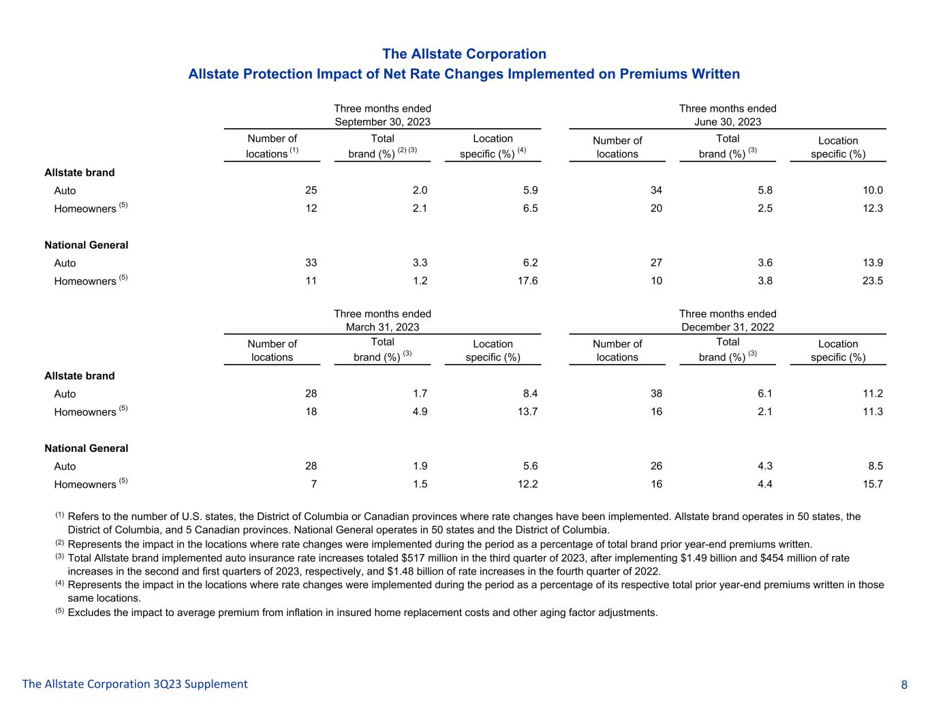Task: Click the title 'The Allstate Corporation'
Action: pos(464,54)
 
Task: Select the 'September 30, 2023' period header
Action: pos(382,122)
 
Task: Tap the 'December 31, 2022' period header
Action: pos(728,327)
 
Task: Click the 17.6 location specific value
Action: pos(527,281)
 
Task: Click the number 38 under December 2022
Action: pos(656,394)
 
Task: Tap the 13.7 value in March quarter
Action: pos(527,412)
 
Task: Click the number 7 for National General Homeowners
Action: pos(313,484)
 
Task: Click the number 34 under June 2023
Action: pos(656,191)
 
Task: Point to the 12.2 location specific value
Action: pos(527,484)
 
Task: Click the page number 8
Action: pos(904,685)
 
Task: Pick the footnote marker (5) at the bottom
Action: pos(60,611)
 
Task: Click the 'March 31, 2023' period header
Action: pos(382,327)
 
